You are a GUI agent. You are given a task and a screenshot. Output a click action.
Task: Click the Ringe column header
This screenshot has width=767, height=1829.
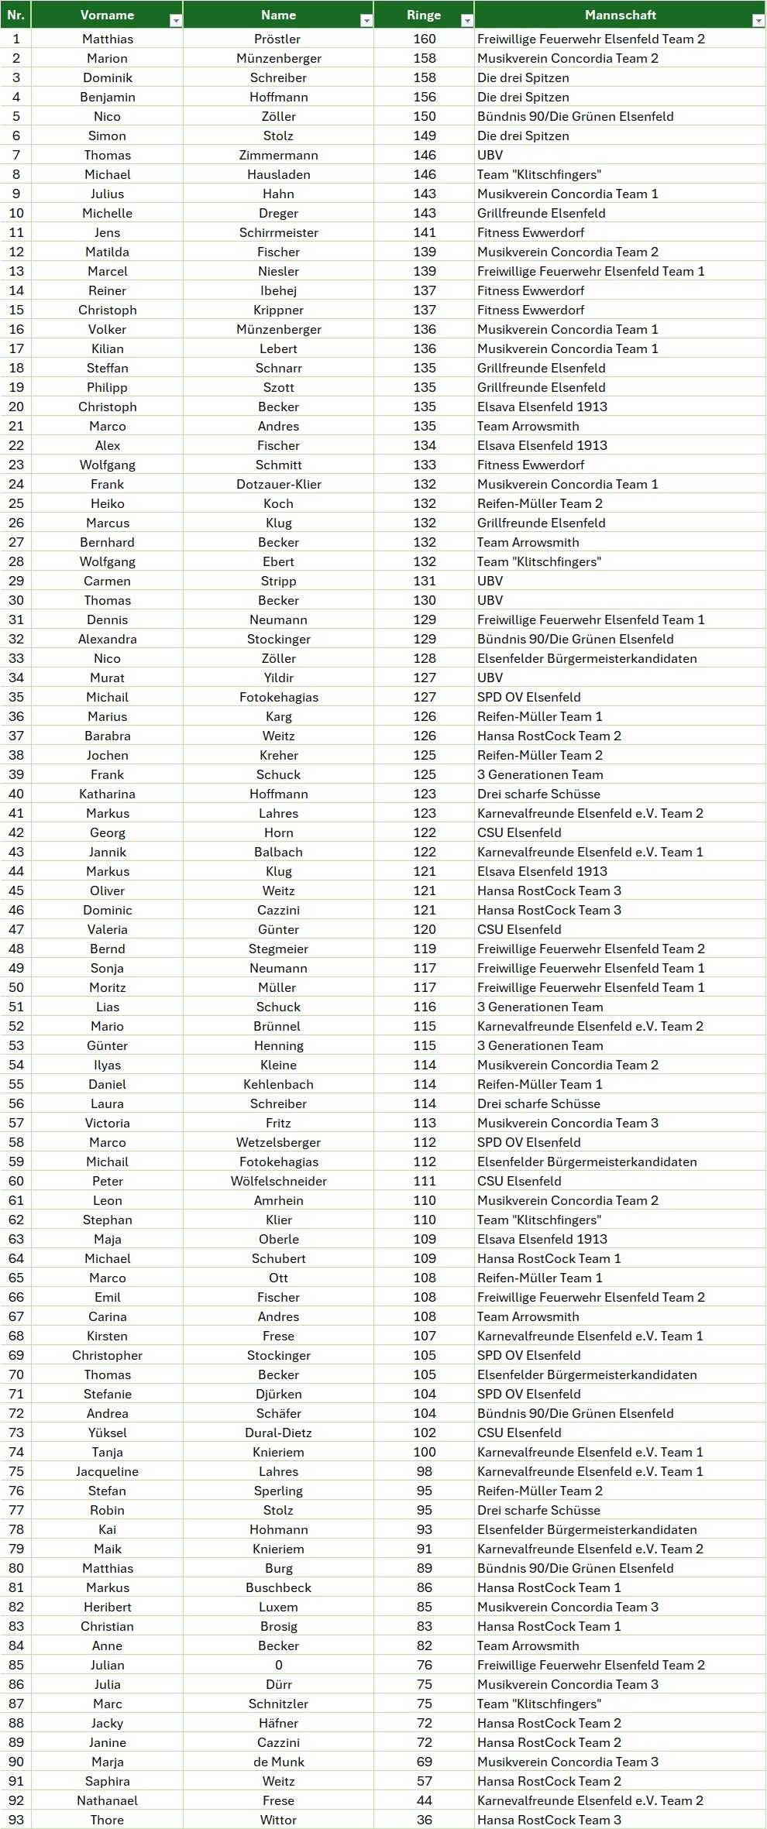(424, 15)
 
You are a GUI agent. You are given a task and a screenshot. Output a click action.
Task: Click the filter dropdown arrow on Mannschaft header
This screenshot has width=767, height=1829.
(758, 21)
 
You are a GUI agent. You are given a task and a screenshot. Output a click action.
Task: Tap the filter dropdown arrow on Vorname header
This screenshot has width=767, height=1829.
(176, 21)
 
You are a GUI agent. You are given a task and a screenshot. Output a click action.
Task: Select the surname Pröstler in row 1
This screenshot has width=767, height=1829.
(278, 39)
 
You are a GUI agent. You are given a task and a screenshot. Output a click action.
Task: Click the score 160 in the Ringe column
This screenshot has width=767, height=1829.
(425, 39)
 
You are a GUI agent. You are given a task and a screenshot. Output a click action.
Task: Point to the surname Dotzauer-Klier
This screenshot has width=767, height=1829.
(278, 484)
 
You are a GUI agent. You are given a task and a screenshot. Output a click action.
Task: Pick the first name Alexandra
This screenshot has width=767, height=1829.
(107, 639)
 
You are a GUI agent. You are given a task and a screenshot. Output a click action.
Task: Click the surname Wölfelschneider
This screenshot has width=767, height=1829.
(278, 1181)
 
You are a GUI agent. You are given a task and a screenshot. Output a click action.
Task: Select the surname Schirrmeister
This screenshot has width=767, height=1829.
(278, 232)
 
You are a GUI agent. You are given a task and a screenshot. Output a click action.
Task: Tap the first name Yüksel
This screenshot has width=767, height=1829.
(107, 1433)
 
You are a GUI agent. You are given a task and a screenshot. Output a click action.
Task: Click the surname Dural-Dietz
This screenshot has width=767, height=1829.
(278, 1433)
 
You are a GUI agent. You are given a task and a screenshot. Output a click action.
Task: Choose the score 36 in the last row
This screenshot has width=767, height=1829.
(425, 1820)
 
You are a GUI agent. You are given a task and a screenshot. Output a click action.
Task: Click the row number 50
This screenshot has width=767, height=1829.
(16, 987)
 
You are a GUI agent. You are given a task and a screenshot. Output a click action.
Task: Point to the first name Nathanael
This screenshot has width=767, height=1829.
(107, 1800)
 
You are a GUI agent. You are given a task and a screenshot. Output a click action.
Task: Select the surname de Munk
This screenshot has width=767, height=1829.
(278, 1762)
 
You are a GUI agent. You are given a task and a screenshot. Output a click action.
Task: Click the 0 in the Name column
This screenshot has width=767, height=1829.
(278, 1665)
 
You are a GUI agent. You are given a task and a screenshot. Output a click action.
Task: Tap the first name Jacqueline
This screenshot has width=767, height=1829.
(107, 1471)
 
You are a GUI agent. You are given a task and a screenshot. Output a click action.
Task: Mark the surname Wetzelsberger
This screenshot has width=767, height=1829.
(278, 1142)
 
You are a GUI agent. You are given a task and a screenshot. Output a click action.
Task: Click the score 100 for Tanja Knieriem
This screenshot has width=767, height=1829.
(425, 1452)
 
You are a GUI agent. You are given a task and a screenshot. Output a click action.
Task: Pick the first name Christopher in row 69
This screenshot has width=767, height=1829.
(107, 1355)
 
